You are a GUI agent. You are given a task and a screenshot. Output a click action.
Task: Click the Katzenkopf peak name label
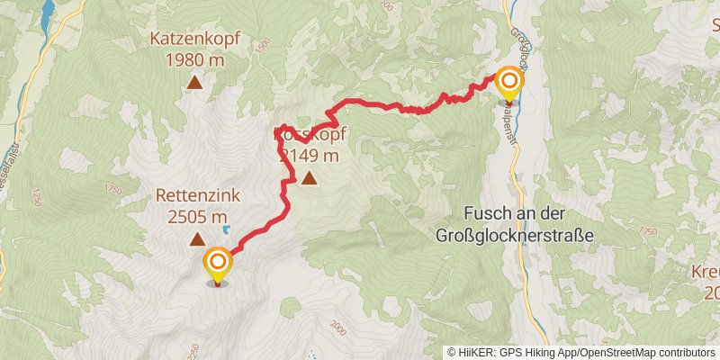(x=193, y=40)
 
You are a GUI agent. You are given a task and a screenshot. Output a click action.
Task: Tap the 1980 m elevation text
(x=193, y=60)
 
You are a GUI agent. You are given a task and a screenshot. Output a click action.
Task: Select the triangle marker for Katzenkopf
(x=193, y=84)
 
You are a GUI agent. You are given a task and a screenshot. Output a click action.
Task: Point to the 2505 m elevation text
(x=196, y=216)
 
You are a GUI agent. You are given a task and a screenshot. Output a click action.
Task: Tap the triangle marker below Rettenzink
(x=196, y=239)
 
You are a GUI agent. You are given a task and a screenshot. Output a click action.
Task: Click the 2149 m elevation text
(x=310, y=155)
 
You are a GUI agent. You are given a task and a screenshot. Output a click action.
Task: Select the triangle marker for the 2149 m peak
(x=310, y=178)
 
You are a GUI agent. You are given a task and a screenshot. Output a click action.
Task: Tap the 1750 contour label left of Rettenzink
(x=112, y=189)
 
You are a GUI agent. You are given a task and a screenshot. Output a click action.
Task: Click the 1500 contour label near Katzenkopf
(x=262, y=43)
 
